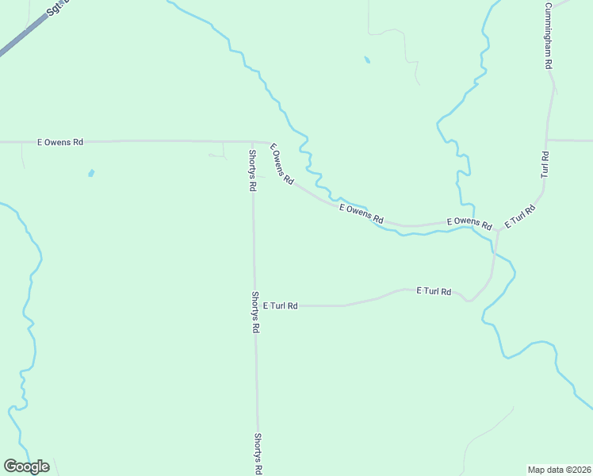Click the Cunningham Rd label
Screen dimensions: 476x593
[x=547, y=36]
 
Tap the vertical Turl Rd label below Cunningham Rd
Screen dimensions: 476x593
[x=545, y=163]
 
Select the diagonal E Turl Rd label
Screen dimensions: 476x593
[x=520, y=217]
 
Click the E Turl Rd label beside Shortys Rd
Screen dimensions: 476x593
[x=281, y=305]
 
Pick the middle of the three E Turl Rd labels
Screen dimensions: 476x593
[x=434, y=292]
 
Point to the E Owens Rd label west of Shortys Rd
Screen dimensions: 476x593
[x=60, y=143]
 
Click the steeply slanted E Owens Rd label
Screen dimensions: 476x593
[x=281, y=164]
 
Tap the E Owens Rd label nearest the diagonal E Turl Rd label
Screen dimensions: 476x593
[x=469, y=223]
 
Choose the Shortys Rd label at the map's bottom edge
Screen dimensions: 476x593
[x=258, y=453]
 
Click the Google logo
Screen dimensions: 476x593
[x=26, y=466]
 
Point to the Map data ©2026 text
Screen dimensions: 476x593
[x=559, y=469]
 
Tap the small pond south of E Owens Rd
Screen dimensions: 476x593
[x=92, y=173]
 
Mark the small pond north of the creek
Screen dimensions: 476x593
[x=366, y=59]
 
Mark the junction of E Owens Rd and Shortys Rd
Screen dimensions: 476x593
[x=253, y=142]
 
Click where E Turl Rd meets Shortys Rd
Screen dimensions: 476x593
[x=254, y=305]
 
